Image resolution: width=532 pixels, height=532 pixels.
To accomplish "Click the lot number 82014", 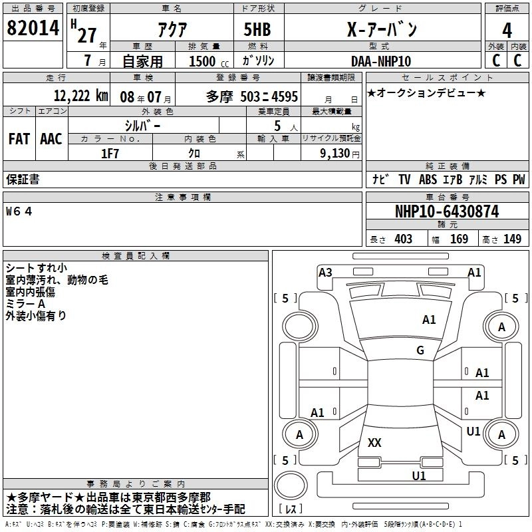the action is [33, 29].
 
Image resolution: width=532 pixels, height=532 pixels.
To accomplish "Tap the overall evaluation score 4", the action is [507, 30].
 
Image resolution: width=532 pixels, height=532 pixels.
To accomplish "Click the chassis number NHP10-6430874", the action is [447, 212].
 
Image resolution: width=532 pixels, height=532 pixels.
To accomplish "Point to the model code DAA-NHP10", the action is [381, 61].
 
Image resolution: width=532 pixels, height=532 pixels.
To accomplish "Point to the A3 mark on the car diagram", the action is [325, 272].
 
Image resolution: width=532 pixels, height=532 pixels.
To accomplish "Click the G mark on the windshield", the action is [420, 350].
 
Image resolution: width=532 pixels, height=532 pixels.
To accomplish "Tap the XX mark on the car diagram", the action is [374, 443].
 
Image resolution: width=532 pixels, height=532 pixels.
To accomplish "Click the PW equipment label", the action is [519, 180].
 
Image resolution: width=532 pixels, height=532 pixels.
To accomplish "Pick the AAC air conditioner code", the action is [51, 139].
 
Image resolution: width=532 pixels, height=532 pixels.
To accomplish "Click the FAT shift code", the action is [19, 139].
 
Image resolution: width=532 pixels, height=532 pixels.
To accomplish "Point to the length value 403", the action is [403, 239].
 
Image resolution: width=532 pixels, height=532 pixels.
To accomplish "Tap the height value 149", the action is [512, 239].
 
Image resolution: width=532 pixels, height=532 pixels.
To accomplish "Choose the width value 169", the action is [459, 239].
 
